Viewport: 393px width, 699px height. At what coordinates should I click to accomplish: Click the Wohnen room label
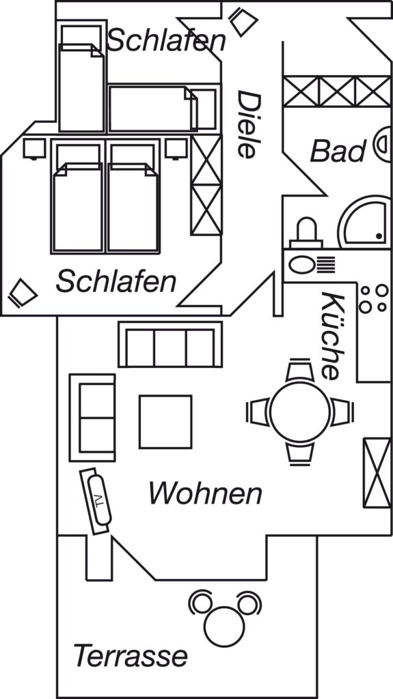point(205,493)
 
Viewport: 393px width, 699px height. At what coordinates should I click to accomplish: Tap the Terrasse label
point(131,656)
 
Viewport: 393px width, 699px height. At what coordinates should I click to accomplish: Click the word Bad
point(338,151)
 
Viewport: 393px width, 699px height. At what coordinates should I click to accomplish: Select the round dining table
point(300,412)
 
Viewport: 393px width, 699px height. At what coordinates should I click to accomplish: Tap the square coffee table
point(165,421)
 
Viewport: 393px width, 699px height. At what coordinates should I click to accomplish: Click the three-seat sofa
point(170,344)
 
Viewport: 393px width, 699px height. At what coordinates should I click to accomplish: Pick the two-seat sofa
point(92,417)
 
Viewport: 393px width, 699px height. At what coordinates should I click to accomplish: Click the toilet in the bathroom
point(306,233)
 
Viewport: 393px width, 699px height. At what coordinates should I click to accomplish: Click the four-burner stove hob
point(373,299)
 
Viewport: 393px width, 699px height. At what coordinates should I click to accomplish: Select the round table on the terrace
point(224,626)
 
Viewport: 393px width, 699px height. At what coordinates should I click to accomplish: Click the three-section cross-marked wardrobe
point(337,91)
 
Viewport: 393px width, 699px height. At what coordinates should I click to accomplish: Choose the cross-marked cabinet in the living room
point(377,473)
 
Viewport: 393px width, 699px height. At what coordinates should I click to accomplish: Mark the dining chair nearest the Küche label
point(299,370)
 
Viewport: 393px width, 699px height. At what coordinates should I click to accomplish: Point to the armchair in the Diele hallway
point(243,22)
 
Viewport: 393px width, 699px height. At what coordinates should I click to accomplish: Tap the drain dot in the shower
point(379,236)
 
